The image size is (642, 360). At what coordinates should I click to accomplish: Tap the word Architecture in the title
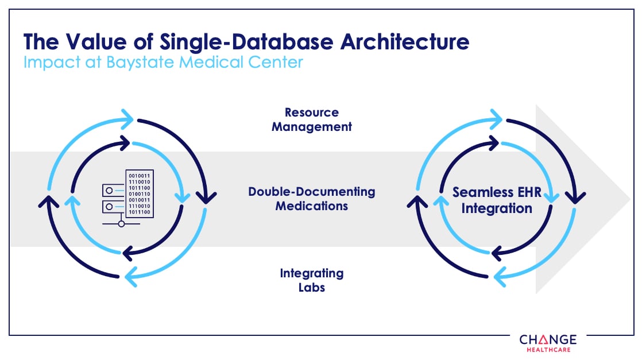tap(400, 42)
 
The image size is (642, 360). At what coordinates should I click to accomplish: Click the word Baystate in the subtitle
tap(141, 61)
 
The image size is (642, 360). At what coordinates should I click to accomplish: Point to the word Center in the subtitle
tap(274, 61)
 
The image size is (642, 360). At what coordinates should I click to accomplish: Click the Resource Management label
tap(312, 119)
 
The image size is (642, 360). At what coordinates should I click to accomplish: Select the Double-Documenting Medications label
tap(312, 198)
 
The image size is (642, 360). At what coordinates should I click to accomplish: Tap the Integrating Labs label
tap(312, 280)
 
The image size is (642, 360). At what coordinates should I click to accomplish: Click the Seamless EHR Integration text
tap(497, 200)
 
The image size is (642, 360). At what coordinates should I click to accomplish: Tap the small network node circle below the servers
tap(121, 224)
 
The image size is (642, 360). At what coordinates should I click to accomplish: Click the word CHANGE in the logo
tap(548, 339)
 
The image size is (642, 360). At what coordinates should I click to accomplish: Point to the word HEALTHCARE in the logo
tap(548, 349)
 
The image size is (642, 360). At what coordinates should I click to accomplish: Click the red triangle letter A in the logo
tap(543, 339)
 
